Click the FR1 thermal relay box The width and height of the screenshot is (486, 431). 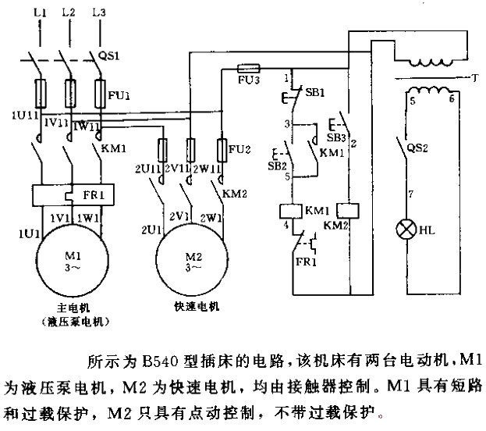pyautogui.click(x=68, y=194)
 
